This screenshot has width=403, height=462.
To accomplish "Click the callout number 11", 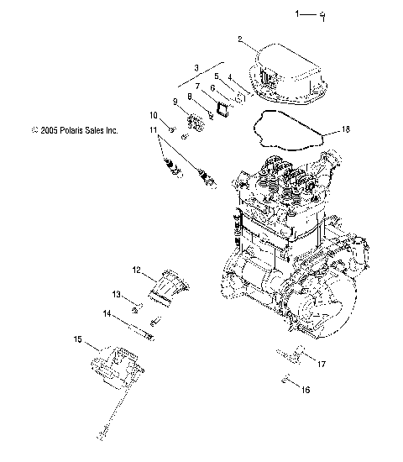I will click(154, 130).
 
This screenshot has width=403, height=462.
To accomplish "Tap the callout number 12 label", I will click(135, 270).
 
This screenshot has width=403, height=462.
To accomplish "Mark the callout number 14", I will click(107, 313).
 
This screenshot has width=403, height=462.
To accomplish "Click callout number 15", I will click(78, 340).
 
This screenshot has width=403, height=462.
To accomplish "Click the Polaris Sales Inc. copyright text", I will click(74, 130).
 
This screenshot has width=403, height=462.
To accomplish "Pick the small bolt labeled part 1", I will click(322, 15).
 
